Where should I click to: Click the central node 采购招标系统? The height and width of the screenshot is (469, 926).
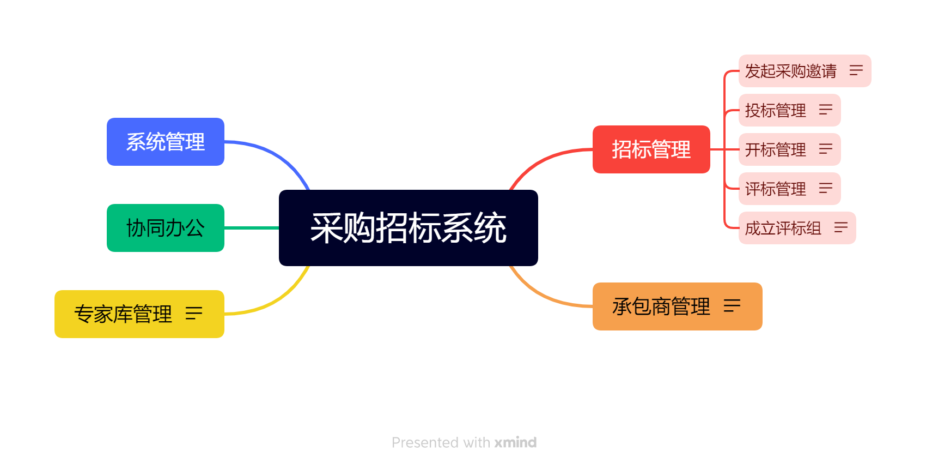[x=409, y=227]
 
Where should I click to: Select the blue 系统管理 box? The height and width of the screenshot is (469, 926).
[x=166, y=142]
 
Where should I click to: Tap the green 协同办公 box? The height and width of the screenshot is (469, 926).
[x=166, y=227]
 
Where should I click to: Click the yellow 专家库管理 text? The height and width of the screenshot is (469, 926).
[x=123, y=314]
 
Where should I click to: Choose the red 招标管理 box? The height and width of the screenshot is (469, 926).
[x=651, y=149]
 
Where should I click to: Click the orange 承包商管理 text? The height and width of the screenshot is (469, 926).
[x=661, y=306]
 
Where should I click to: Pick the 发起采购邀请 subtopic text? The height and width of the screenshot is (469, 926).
[x=790, y=71]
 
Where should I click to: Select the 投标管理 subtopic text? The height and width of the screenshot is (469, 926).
[x=775, y=110]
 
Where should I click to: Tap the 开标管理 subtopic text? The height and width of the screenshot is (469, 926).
[x=775, y=149]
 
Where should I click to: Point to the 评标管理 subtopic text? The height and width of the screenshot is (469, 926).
[x=775, y=189]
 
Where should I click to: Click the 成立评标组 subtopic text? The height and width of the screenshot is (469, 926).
[x=783, y=228]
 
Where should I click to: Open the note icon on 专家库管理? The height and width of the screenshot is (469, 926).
[x=194, y=314]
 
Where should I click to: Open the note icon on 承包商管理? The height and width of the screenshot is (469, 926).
[x=732, y=306]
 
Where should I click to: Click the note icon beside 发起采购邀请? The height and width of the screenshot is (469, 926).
[x=856, y=70]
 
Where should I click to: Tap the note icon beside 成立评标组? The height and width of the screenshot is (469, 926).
[x=841, y=227]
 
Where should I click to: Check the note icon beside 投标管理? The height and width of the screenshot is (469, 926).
[x=826, y=109]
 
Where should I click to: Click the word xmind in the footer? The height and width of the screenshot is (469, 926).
[x=515, y=442]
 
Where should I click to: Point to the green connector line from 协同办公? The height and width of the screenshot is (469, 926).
[x=252, y=227]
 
